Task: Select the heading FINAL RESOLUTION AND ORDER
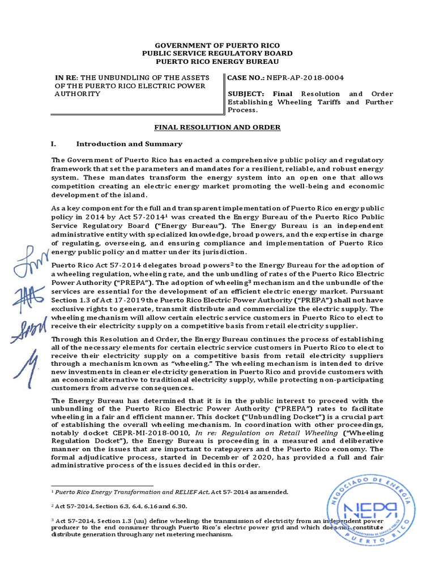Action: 217,127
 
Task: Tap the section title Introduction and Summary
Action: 129,144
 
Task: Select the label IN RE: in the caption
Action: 67,77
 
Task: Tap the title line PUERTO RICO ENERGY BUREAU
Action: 217,61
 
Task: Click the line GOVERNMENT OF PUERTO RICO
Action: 217,45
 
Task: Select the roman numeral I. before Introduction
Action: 54,144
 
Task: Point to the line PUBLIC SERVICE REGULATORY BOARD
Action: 217,53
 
